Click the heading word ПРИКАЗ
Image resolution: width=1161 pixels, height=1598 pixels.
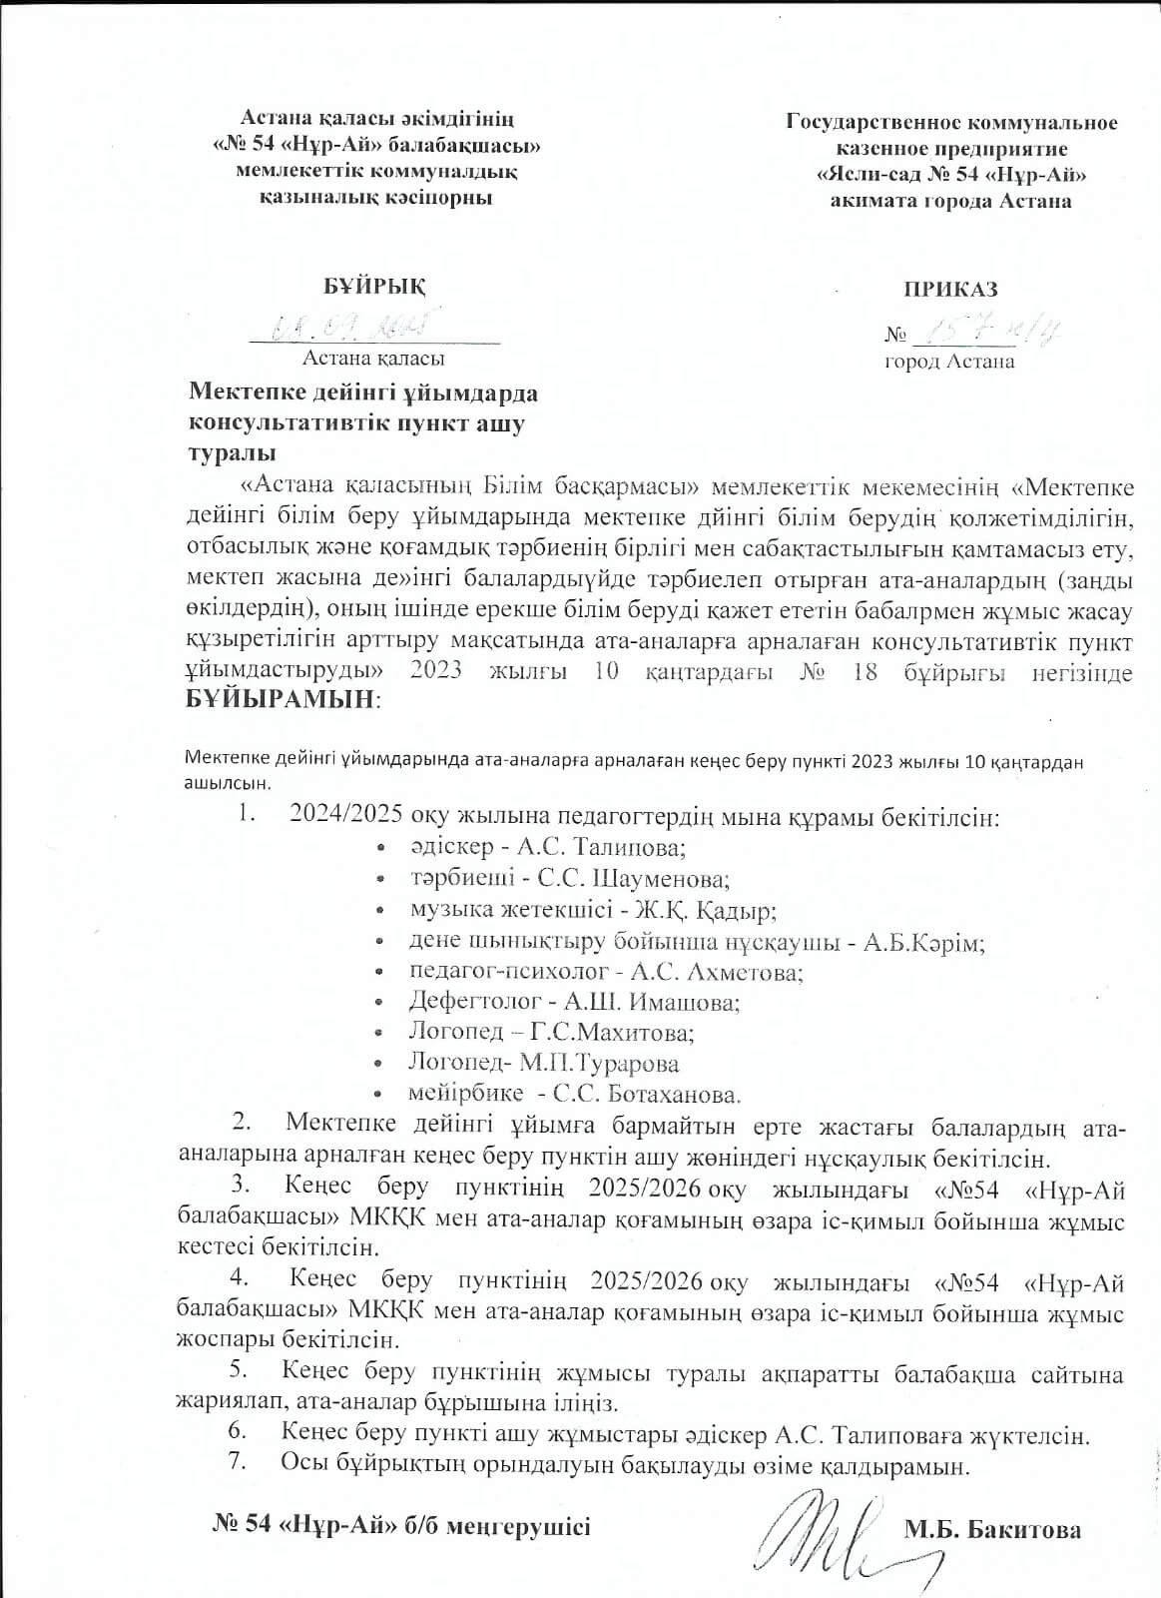point(950,290)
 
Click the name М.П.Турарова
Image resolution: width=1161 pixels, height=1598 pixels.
point(606,1062)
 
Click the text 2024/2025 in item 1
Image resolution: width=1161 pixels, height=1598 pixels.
point(346,816)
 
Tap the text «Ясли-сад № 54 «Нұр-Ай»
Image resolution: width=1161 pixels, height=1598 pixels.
point(950,174)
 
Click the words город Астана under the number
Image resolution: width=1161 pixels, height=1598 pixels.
point(949,362)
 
